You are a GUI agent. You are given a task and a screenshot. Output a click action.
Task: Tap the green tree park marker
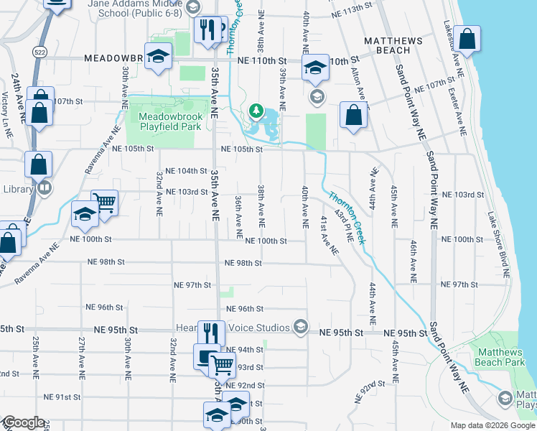coord(255,111)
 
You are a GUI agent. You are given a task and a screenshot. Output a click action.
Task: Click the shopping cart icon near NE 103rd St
coord(105,202)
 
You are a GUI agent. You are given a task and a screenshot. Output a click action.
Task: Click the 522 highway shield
coord(39,51)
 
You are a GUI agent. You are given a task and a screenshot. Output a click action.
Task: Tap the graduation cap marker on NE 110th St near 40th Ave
coord(314,68)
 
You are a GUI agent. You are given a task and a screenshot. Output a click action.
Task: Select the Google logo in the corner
coord(24,422)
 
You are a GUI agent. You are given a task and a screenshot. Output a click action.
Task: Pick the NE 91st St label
coord(62,397)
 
